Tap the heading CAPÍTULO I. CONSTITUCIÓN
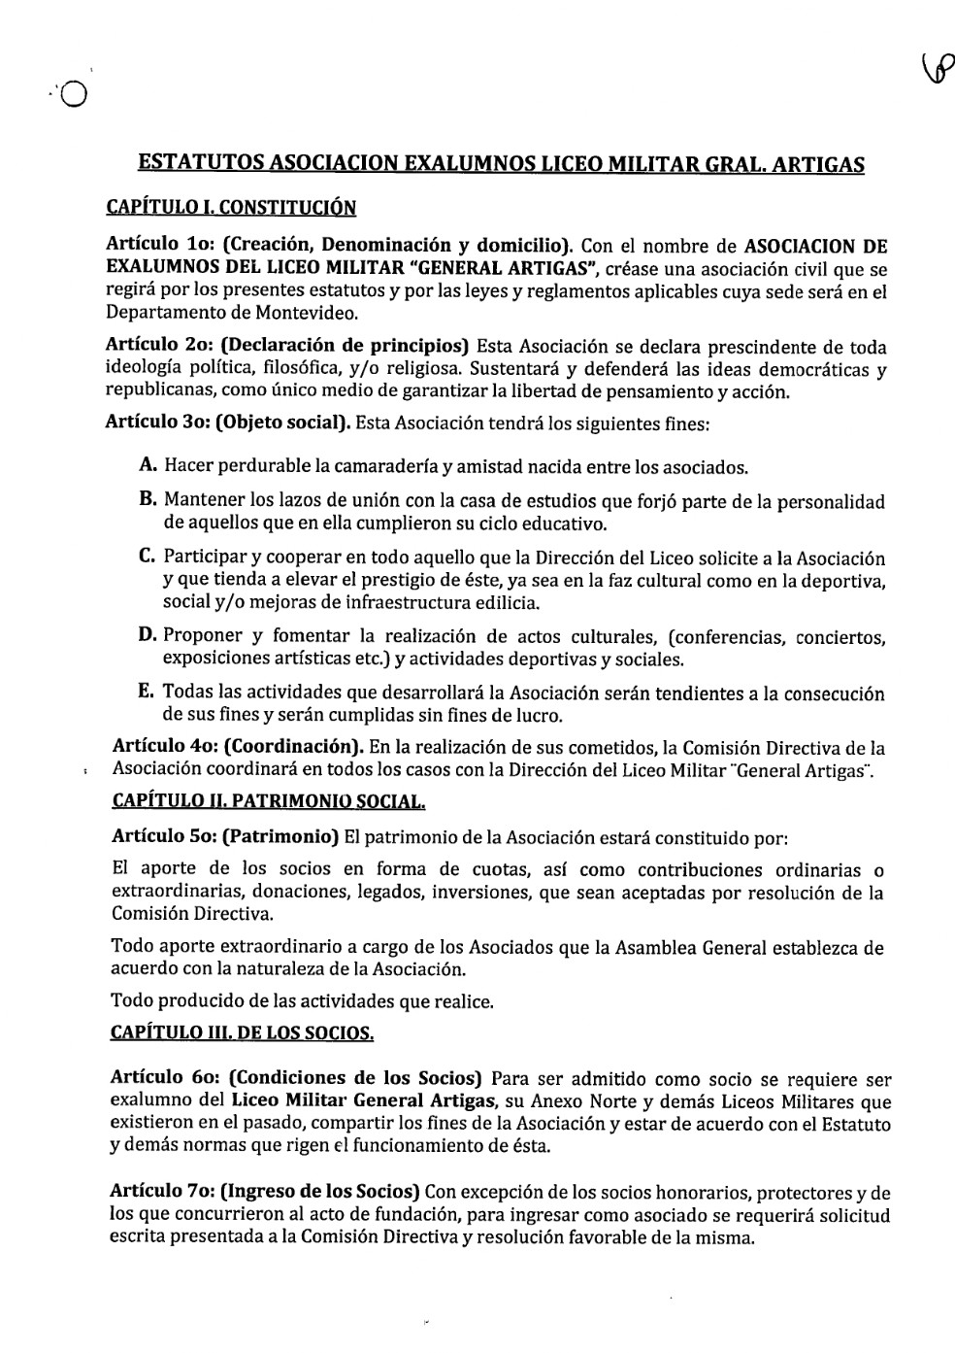tap(230, 207)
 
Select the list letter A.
tap(148, 466)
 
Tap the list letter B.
tap(148, 500)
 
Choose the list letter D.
tap(148, 636)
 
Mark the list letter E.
tap(148, 693)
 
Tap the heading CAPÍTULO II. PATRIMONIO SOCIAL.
tap(268, 802)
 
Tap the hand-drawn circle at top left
tap(74, 94)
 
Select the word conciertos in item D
tap(840, 637)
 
